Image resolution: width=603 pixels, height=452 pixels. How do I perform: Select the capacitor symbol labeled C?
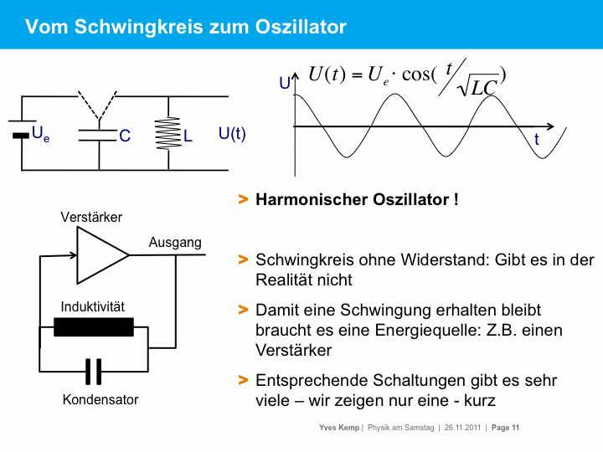pos(97,135)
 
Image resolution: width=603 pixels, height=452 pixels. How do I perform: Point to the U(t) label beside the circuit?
pos(232,133)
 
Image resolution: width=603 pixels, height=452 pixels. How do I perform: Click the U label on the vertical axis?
pos(285,83)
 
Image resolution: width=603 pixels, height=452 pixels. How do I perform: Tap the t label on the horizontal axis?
pos(537,141)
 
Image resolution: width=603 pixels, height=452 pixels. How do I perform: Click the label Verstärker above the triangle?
pos(91,217)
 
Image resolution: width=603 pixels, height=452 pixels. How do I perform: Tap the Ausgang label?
pos(175,243)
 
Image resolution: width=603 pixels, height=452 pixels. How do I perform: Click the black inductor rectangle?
pos(94,327)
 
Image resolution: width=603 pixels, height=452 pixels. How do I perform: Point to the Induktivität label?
pos(93,306)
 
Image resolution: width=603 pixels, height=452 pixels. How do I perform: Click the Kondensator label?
pos(100,399)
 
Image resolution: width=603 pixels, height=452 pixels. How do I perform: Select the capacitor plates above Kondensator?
pos(94,369)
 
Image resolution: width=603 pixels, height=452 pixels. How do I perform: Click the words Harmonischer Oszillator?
pos(357,200)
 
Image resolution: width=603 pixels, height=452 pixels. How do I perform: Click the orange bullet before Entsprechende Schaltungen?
pos(243,380)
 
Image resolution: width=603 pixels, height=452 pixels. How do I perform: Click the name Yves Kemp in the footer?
pos(339,429)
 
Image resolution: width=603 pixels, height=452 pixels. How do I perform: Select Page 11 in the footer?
pos(506,429)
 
